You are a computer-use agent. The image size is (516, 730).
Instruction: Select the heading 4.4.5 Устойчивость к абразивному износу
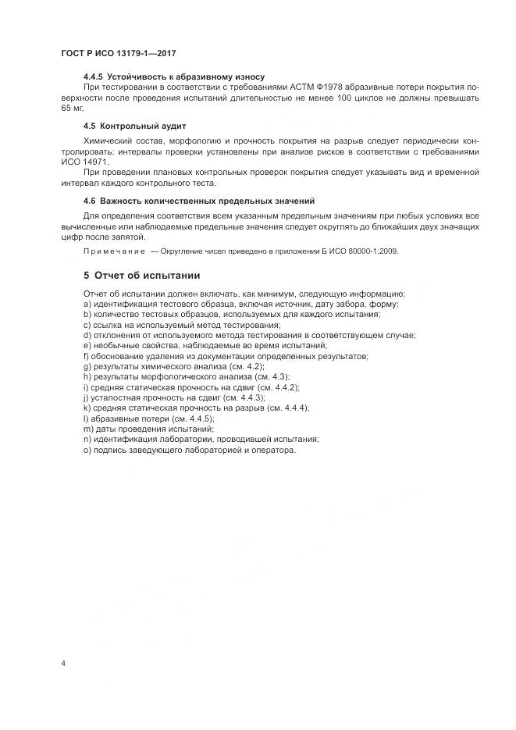click(173, 77)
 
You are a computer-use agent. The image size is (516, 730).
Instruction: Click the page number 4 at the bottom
click(62, 664)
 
